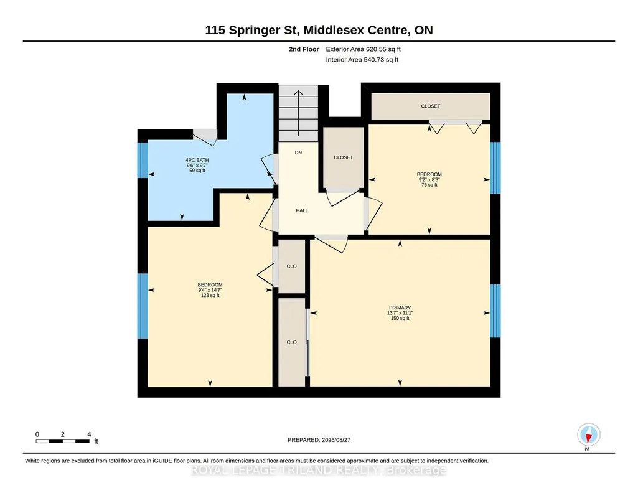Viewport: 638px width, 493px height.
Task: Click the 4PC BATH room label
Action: click(x=197, y=160)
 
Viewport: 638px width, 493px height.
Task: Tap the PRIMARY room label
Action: click(x=400, y=308)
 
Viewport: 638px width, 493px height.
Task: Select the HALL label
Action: click(x=302, y=210)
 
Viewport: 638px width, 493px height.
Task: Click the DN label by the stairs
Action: click(x=298, y=153)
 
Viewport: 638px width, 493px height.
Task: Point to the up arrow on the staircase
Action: click(x=298, y=113)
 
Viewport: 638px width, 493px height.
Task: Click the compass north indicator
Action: click(x=588, y=435)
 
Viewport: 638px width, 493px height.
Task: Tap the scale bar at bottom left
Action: click(x=63, y=441)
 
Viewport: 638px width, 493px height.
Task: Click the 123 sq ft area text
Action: click(x=210, y=296)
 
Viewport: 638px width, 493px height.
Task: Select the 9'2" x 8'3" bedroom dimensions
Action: click(x=429, y=180)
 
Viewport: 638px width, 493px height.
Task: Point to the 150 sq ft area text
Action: click(x=400, y=319)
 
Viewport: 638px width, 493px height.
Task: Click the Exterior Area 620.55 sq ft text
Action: click(x=364, y=49)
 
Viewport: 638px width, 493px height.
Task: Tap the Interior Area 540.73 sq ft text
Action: click(x=362, y=60)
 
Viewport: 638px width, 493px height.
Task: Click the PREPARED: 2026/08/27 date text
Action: click(x=319, y=440)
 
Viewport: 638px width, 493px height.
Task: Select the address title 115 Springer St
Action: click(x=252, y=30)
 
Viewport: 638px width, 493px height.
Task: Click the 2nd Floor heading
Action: click(x=304, y=49)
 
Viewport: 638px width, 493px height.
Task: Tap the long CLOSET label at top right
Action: click(x=431, y=106)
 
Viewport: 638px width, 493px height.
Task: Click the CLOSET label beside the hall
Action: click(x=344, y=158)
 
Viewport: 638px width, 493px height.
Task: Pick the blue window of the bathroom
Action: click(x=143, y=160)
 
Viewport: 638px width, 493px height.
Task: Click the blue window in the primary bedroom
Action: click(x=495, y=311)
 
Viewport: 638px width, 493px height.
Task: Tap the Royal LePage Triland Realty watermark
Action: click(x=319, y=471)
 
